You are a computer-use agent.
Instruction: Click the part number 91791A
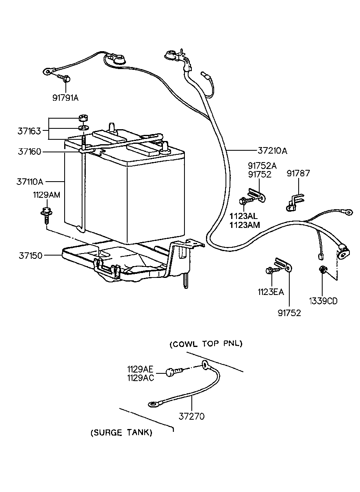(x=65, y=98)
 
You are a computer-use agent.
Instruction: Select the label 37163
(x=29, y=131)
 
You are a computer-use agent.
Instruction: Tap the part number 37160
(x=29, y=152)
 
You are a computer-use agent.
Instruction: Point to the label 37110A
(x=30, y=182)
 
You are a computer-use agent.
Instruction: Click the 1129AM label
(x=46, y=195)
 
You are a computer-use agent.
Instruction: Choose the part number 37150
(x=30, y=256)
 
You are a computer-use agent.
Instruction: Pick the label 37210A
(x=272, y=151)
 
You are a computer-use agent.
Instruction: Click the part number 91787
(x=298, y=173)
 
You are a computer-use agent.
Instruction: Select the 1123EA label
(x=271, y=292)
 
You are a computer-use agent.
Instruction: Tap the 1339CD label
(x=323, y=301)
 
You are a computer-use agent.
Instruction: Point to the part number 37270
(x=191, y=416)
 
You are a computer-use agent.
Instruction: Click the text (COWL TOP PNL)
(x=206, y=344)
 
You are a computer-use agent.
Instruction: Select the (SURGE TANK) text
(x=121, y=432)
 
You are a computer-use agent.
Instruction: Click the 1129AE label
(x=140, y=369)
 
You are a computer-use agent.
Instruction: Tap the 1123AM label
(x=245, y=225)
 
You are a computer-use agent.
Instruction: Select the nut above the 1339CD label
(x=322, y=269)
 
